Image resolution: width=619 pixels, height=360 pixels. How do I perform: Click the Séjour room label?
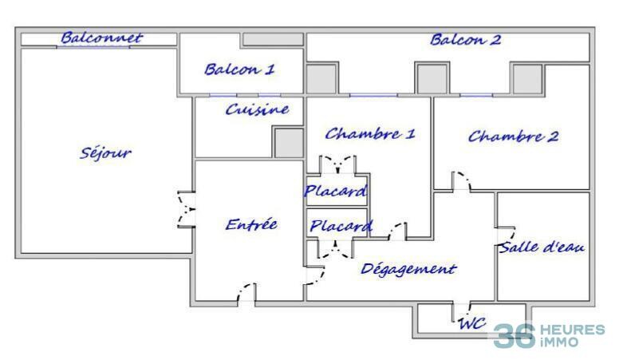tap(105, 153)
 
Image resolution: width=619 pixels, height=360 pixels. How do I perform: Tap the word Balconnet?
tap(101, 38)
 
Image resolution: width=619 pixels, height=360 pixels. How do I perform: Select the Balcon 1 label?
tap(239, 69)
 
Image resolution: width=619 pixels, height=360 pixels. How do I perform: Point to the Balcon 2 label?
tap(466, 40)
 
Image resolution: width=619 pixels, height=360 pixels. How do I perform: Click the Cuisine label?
tap(256, 109)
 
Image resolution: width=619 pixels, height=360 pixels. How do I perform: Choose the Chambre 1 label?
tap(369, 133)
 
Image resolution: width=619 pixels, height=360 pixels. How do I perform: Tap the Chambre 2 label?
tap(513, 136)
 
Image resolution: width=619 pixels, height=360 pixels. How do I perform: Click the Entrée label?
tap(251, 224)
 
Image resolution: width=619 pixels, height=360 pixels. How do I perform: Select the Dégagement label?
tap(408, 269)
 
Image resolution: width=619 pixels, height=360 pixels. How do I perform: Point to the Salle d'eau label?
tap(542, 247)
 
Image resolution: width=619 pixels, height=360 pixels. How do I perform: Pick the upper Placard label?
tap(335, 191)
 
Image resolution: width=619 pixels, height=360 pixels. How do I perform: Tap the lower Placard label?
tap(341, 227)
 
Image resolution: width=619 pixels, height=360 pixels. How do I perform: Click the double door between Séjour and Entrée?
tap(187, 210)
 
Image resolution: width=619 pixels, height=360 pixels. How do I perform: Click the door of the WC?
tap(461, 311)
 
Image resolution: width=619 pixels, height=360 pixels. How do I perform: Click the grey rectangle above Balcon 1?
tap(272, 39)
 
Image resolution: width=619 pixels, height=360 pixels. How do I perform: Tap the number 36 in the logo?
tap(513, 335)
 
